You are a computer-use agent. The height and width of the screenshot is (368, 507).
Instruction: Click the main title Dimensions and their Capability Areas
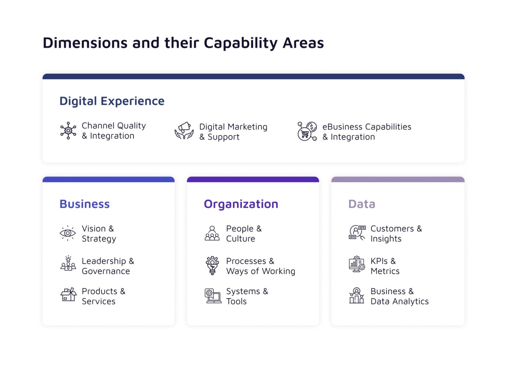point(183,43)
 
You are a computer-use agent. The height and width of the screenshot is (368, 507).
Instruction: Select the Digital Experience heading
point(112,101)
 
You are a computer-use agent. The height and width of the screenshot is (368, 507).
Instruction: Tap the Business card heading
point(84,204)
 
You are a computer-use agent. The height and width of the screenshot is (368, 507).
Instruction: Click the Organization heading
point(241,204)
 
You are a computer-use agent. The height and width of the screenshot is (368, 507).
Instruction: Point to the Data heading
point(361,204)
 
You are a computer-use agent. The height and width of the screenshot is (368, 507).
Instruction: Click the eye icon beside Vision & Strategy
point(68,233)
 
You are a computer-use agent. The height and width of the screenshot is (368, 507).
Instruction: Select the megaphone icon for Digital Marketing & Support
point(184,131)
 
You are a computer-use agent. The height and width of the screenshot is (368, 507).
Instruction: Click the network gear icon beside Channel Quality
point(68,131)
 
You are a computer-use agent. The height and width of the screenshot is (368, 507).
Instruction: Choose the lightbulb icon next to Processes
point(212,266)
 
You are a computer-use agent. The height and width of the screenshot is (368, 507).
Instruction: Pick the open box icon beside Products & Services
point(68,295)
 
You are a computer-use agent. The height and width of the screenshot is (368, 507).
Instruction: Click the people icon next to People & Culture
point(212,233)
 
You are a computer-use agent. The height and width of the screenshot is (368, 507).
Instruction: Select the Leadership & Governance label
point(108,266)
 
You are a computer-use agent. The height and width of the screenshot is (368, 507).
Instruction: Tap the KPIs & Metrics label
point(385,266)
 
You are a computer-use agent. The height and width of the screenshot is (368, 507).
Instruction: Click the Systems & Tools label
point(247,296)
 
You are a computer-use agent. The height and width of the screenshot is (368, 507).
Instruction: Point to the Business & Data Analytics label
point(399,296)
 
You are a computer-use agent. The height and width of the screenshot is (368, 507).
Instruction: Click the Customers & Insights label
point(396,234)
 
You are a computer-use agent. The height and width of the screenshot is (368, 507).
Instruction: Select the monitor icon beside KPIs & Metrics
point(357,265)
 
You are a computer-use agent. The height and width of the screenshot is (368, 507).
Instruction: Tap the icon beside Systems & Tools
point(213,296)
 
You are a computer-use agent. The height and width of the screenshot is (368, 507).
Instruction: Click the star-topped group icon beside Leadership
point(68,264)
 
